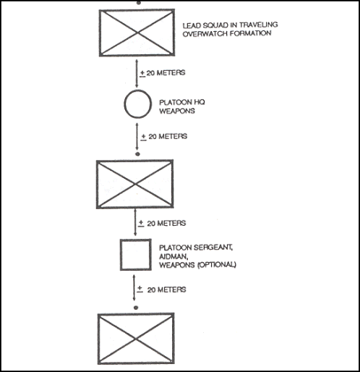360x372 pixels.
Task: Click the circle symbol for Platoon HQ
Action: coord(124,103)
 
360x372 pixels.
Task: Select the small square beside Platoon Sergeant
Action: coord(121,255)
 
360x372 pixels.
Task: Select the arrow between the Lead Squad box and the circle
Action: coord(137,73)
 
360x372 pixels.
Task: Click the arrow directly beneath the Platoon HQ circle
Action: coord(137,137)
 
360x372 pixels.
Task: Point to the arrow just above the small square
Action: coord(135,222)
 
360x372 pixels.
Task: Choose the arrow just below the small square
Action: coord(134,288)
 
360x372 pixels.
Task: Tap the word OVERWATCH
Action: coord(205,33)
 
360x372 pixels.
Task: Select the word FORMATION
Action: coord(250,33)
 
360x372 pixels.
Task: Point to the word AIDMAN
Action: coord(173,257)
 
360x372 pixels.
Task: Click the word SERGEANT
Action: coord(213,248)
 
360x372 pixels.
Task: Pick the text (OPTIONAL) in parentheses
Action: coord(217,265)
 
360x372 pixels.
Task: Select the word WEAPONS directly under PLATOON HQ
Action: coord(177,111)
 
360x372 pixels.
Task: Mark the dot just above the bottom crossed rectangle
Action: coord(136,308)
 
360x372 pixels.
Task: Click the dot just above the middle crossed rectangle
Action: coord(137,154)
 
